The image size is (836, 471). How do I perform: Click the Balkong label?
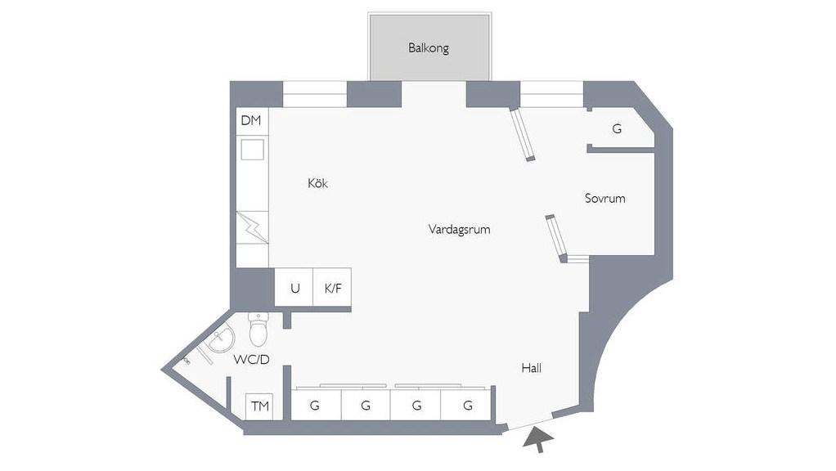[428, 48]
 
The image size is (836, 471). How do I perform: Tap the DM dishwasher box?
[252, 121]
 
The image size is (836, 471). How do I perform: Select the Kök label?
[317, 183]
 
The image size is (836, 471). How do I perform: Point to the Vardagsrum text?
[459, 230]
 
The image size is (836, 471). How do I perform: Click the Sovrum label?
[605, 198]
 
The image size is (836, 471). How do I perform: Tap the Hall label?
[532, 368]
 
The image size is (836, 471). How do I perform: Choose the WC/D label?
[251, 360]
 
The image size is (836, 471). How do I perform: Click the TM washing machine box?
[259, 406]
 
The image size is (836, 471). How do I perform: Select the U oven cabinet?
[294, 287]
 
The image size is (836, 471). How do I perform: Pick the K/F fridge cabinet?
[332, 287]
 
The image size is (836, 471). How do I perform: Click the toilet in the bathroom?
[258, 329]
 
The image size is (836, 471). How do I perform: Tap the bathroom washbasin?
[221, 339]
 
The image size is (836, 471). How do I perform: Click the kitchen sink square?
[252, 150]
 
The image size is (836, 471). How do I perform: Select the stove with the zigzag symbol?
[252, 228]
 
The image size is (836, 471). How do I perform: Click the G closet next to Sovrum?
[619, 128]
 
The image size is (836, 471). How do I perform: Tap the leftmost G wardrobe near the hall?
[316, 405]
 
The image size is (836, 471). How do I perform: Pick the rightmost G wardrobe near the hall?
[466, 405]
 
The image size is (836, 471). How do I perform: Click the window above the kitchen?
[315, 94]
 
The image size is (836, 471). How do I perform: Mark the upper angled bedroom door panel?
[523, 134]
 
